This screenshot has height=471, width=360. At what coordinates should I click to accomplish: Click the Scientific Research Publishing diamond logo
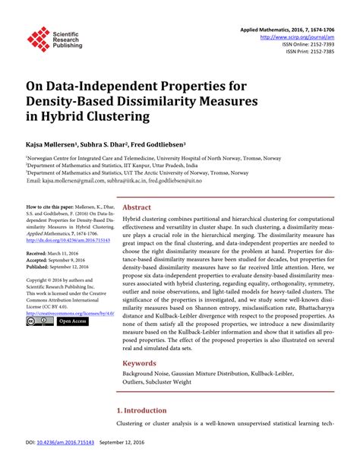coord(37,40)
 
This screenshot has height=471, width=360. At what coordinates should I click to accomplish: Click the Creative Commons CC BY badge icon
coord(39,322)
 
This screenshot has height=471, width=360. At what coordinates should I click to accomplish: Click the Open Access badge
coord(73,322)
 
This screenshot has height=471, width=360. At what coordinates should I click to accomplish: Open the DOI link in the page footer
coord(54,463)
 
